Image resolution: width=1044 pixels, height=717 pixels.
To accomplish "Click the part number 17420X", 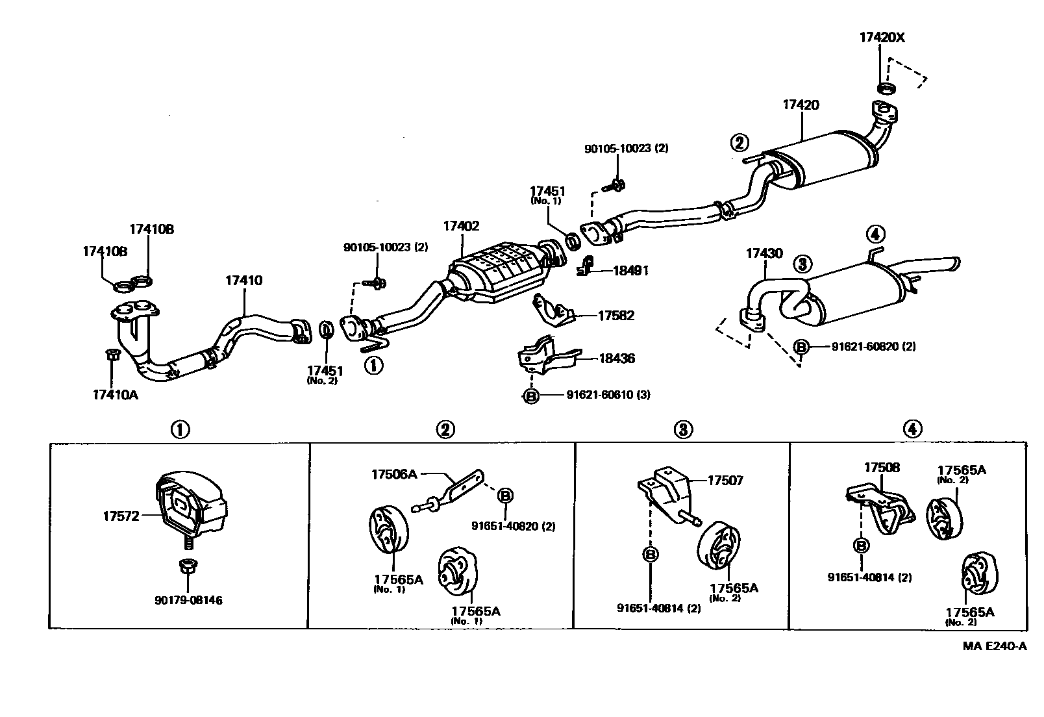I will (x=882, y=38).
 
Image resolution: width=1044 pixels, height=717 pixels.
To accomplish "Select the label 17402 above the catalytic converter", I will (x=461, y=227).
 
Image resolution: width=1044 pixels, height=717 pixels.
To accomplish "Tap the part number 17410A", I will (x=116, y=394).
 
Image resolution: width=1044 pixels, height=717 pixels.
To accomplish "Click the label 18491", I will (x=630, y=271).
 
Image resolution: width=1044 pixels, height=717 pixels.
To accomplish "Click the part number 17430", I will (x=764, y=254).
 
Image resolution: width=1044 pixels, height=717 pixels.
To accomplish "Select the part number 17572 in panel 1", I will (x=121, y=516).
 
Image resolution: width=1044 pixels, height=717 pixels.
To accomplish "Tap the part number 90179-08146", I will (x=188, y=600).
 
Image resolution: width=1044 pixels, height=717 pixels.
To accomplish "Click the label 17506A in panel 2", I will (x=394, y=474).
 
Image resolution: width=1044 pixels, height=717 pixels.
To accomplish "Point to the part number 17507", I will (x=725, y=481).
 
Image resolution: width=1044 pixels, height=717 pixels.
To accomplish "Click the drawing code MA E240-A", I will (x=994, y=646).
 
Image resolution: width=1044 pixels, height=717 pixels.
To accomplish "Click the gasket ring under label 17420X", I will (x=886, y=87).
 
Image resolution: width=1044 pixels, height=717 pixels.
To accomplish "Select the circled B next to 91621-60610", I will (x=531, y=396).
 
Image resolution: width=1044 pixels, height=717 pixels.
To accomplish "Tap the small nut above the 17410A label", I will (x=111, y=355).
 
